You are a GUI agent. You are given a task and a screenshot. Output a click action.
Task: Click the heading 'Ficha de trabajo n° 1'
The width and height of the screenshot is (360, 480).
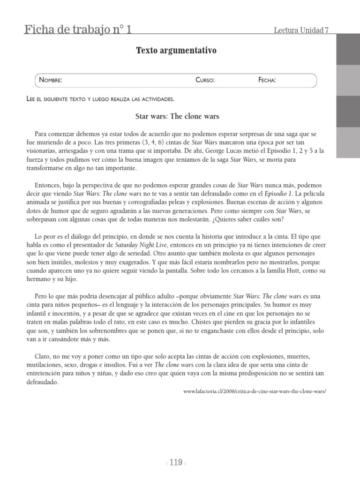pos(78,30)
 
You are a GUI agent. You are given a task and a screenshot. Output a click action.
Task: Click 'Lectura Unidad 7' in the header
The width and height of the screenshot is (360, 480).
pos(301,31)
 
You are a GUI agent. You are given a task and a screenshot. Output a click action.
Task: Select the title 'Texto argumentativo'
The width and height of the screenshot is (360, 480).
pos(176,51)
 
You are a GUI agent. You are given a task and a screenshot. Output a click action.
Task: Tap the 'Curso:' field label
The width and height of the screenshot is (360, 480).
pos(205,80)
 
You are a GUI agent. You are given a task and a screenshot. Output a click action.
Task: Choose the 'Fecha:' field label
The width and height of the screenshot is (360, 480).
pos(267,80)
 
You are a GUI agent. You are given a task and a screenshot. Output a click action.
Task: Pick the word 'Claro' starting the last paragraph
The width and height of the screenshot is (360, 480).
pos(43,356)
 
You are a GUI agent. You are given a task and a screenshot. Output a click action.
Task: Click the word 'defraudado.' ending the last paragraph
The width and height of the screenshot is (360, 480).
pos(41,382)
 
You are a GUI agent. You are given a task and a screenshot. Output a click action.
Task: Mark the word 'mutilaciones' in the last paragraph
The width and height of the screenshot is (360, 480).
pos(45,364)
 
